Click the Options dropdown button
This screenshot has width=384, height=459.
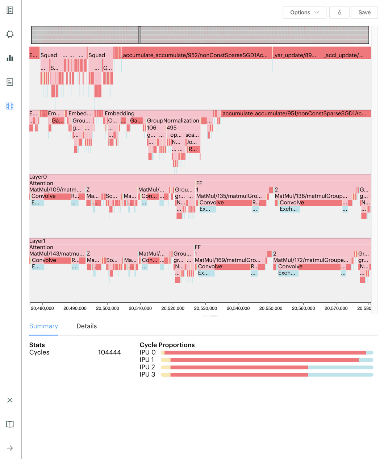pyautogui.click(x=304, y=12)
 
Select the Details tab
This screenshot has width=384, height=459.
pyautogui.click(x=87, y=326)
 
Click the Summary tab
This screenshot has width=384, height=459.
pyautogui.click(x=43, y=326)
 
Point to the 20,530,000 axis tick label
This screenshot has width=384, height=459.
pyautogui.click(x=205, y=308)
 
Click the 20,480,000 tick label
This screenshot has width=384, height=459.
pyautogui.click(x=42, y=308)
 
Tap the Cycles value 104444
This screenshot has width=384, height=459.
pyautogui.click(x=109, y=352)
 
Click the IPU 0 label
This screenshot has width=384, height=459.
pyautogui.click(x=147, y=352)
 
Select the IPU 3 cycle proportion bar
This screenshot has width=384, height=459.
pyautogui.click(x=267, y=375)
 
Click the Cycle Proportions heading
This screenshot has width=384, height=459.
pyautogui.click(x=167, y=345)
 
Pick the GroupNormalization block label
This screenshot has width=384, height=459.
pyautogui.click(x=173, y=120)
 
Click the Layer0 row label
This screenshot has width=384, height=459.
pyautogui.click(x=38, y=177)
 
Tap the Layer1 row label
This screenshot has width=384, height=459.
pyautogui.click(x=37, y=241)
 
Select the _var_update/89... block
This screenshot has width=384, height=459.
pyautogui.click(x=295, y=55)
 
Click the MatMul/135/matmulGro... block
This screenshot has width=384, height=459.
pyautogui.click(x=229, y=196)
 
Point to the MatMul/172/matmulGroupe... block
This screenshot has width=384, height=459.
pyautogui.click(x=310, y=260)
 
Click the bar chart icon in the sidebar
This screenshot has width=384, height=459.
pyautogui.click(x=10, y=58)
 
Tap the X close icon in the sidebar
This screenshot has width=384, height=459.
pyautogui.click(x=10, y=400)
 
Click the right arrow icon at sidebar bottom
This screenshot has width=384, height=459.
pyautogui.click(x=10, y=448)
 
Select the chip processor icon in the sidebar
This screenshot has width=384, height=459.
pyautogui.click(x=10, y=34)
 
